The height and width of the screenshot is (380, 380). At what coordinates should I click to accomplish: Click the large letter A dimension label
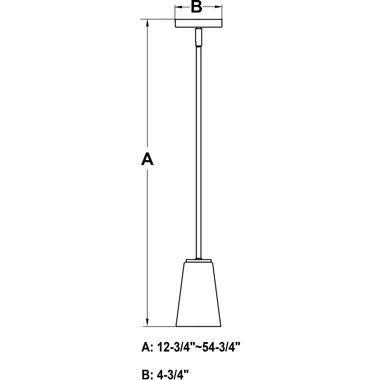pyautogui.click(x=147, y=159)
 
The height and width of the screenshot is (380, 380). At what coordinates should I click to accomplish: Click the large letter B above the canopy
pyautogui.click(x=197, y=7)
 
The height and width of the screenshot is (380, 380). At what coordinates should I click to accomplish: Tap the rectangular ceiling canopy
pyautogui.click(x=199, y=23)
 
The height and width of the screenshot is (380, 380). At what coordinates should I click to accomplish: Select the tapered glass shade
pyautogui.click(x=199, y=294)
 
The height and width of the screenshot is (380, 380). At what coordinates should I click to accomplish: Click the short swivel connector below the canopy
pyautogui.click(x=199, y=37)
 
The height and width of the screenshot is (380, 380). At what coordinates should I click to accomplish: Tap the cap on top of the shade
pyautogui.click(x=199, y=261)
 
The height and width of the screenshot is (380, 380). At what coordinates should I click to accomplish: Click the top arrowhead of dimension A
pyautogui.click(x=147, y=23)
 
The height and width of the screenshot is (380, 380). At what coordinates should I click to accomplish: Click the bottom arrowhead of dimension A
pyautogui.click(x=147, y=323)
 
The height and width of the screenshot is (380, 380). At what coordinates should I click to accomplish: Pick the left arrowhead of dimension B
pyautogui.click(x=178, y=7)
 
